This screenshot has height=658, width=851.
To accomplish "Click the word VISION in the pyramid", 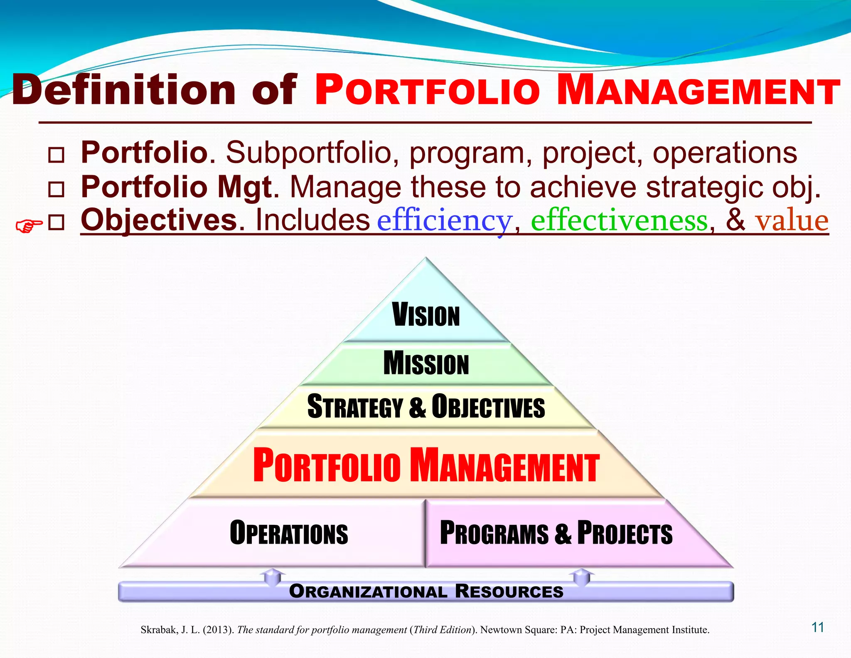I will (x=426, y=315).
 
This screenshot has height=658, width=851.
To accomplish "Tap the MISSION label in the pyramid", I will (x=426, y=363).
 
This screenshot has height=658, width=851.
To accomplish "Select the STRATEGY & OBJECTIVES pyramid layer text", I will (x=426, y=406).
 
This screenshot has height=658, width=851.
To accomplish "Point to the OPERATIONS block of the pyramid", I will (x=289, y=533).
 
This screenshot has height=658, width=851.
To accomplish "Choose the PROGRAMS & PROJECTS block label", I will (x=556, y=533).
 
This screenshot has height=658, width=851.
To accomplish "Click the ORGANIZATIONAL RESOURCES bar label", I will (x=426, y=591).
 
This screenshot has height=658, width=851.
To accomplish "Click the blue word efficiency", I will (x=444, y=220).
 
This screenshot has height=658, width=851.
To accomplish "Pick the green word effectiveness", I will (x=619, y=220).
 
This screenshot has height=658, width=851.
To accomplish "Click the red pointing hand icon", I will (x=29, y=226).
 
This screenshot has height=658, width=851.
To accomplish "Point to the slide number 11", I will (x=818, y=627).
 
